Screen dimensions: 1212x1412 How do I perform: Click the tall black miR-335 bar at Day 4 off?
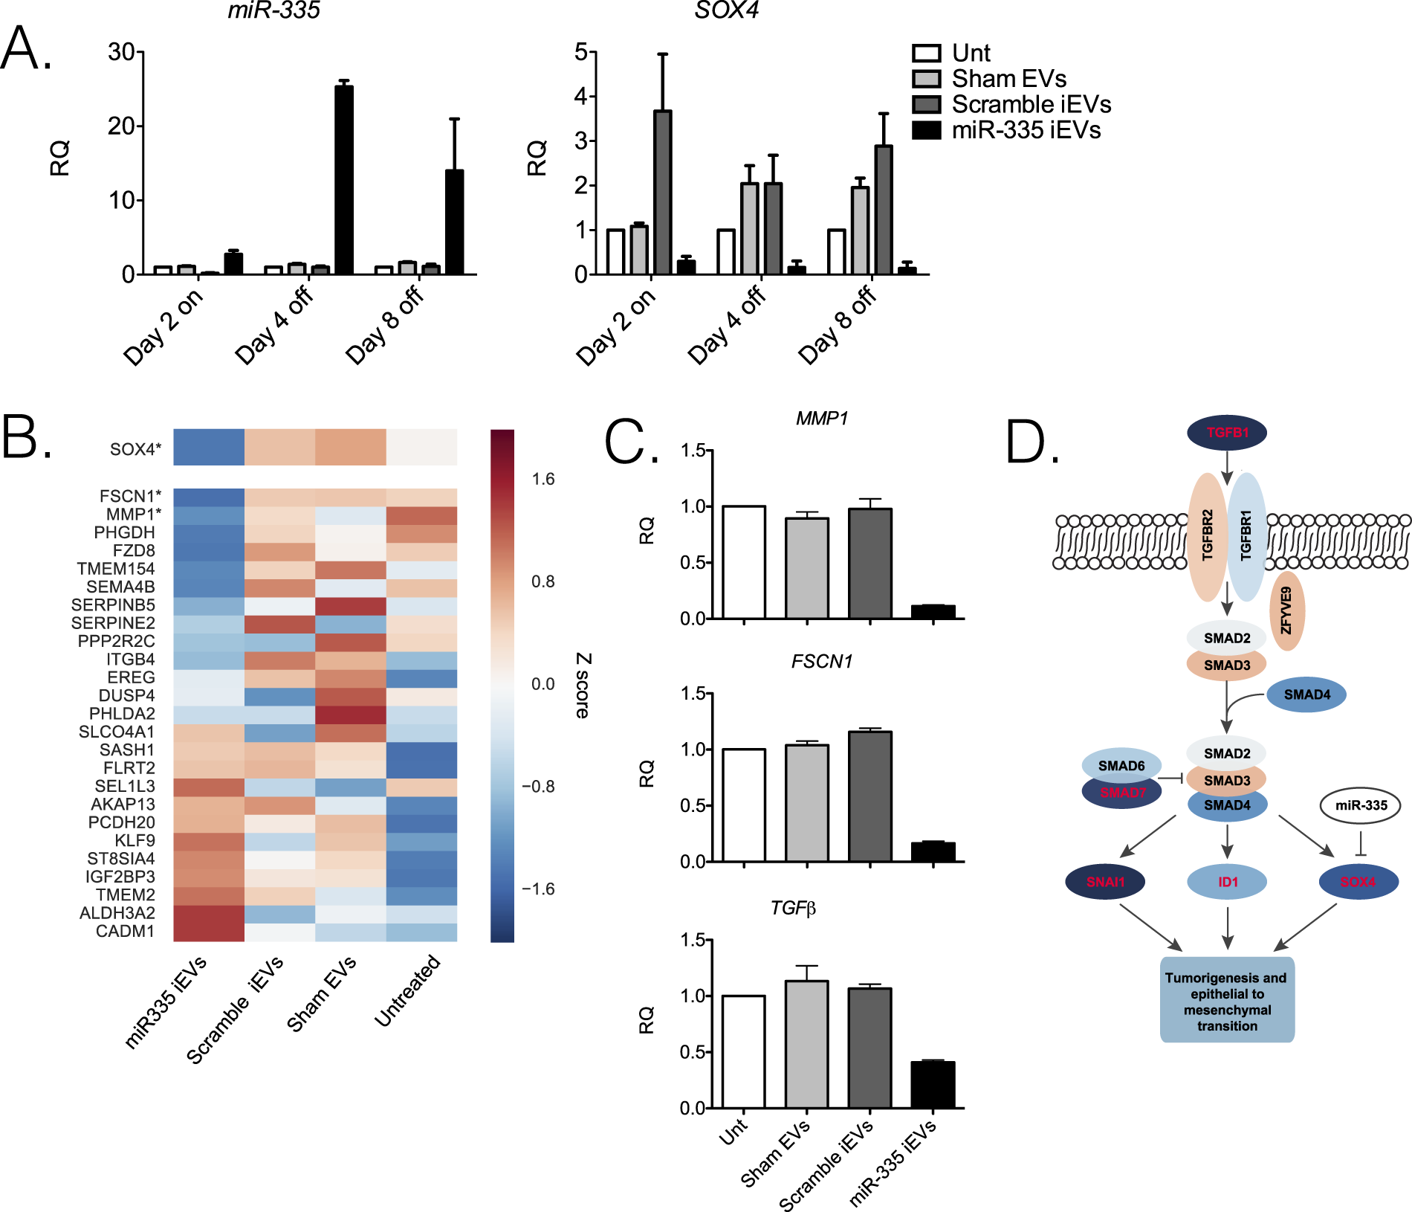(343, 180)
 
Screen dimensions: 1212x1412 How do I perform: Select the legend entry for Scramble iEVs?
(1031, 104)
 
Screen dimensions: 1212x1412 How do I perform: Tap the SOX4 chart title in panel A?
(726, 10)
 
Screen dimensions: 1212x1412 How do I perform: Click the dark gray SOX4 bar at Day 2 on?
(662, 193)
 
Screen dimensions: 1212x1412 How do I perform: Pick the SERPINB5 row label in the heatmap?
(113, 605)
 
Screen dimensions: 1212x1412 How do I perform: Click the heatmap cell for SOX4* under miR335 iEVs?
(209, 448)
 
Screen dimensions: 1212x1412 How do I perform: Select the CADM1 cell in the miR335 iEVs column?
(209, 932)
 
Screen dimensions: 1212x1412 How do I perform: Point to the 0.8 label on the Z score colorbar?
(543, 581)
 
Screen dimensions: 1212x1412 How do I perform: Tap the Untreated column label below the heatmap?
(408, 991)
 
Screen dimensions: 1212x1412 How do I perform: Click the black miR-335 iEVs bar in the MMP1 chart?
(933, 612)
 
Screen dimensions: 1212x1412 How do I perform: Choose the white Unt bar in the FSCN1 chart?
(743, 805)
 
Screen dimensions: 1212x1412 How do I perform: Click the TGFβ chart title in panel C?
(793, 908)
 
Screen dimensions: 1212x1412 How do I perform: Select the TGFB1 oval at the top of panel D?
(1227, 433)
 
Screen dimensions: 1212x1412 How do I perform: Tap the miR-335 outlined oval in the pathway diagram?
(1360, 805)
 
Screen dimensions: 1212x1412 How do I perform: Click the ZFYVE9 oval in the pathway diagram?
(1287, 610)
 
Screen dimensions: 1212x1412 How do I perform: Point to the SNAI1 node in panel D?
(1105, 882)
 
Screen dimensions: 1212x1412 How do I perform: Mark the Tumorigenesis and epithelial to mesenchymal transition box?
(1227, 1001)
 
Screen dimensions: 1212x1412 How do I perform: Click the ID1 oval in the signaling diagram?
(1227, 882)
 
